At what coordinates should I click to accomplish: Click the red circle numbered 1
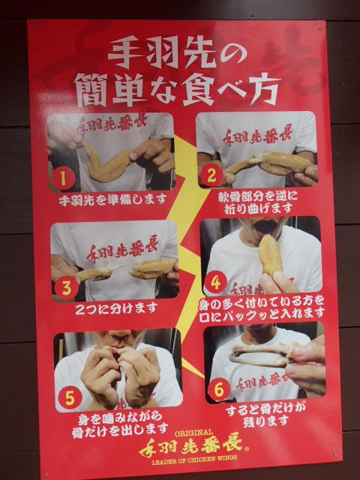coord(63,178)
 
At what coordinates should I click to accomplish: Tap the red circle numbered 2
coord(211,175)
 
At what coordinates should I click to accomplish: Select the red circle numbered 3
coord(67,287)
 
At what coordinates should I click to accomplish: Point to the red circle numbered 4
coord(215,283)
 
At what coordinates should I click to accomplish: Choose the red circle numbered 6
coord(219,389)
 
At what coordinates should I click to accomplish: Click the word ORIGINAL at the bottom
coord(193,433)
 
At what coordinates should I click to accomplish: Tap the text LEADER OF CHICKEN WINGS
coord(195,458)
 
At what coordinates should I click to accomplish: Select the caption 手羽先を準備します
coord(112,199)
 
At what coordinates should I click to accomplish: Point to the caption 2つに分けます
coord(116,308)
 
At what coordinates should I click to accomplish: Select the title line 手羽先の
coord(177,52)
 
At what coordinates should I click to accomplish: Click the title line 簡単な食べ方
coord(177,89)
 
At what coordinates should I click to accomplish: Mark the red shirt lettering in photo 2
coord(257,135)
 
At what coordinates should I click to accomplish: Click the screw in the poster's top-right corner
coord(319,27)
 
